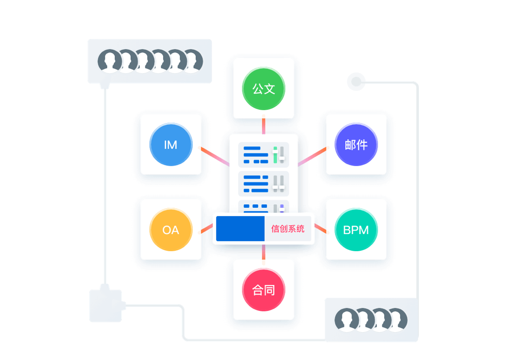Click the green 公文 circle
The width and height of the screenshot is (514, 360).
(263, 89)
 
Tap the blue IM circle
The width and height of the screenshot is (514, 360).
(170, 144)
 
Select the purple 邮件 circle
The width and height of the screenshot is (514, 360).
(356, 144)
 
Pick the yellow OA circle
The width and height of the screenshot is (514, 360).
(170, 230)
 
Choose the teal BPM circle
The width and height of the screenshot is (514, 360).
(356, 230)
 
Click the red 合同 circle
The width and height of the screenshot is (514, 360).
(263, 290)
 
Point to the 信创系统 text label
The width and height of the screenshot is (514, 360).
(288, 229)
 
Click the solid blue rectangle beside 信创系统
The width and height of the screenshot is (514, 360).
(240, 229)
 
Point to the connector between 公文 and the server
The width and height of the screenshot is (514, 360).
(263, 126)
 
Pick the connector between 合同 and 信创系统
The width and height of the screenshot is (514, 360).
(263, 252)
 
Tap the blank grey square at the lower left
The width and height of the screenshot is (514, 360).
(105, 306)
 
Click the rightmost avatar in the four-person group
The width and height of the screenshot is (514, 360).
(395, 320)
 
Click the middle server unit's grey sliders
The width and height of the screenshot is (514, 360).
(278, 183)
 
